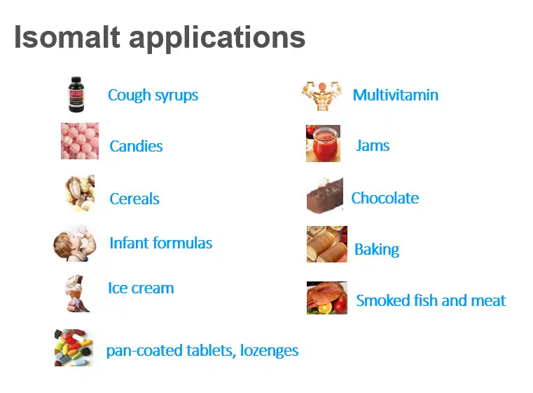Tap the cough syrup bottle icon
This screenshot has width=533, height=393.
coord(76,95)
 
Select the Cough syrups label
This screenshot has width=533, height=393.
coord(153,95)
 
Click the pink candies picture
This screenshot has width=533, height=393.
coord(79,141)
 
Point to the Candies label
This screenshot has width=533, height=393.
coord(136,147)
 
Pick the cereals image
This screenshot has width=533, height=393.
coord(80,192)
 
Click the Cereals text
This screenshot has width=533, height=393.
coord(134,199)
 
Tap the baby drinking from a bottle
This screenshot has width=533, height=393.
coord(74,243)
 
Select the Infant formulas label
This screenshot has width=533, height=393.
coord(160,244)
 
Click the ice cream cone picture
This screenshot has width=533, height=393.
coord(77,293)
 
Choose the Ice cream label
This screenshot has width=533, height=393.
coord(141,288)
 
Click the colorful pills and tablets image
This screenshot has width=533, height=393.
coord(74,347)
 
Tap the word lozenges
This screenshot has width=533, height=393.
coord(269,351)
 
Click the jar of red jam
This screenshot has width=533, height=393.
coord(323,143)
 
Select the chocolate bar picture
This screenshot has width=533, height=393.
coord(325,195)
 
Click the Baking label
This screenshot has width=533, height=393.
coord(377,250)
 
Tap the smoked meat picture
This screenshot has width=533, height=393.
coord(326,298)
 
